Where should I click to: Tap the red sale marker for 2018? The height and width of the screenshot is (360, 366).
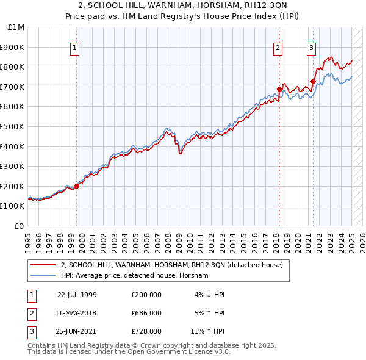coord(280,89)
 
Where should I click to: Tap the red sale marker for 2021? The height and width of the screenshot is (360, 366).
coord(313,81)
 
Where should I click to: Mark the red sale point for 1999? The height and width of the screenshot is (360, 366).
coord(77,186)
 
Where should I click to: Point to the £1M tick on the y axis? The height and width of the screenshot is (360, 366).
coord(17,27)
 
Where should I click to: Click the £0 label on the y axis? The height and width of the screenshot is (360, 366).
coord(20,226)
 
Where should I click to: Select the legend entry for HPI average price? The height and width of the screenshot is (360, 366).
coord(135,276)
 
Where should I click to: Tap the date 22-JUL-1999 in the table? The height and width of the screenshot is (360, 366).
coord(77,295)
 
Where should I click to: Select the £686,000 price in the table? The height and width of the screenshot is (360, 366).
coord(146,313)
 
